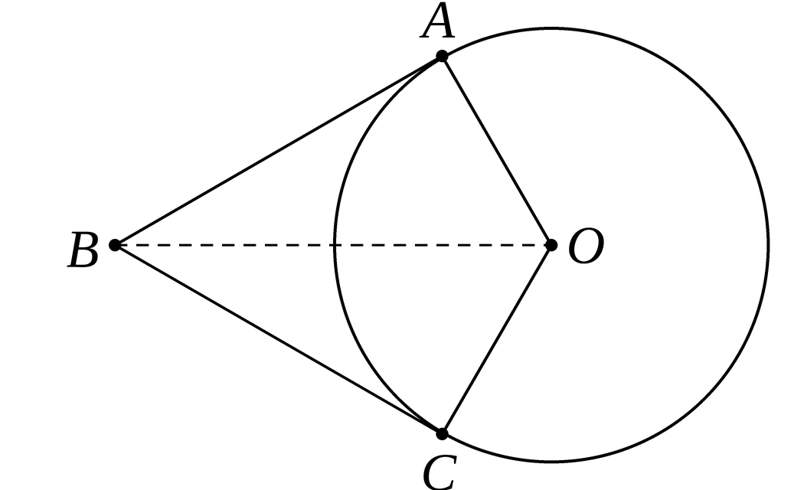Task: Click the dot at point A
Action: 442,56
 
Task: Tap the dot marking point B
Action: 115,245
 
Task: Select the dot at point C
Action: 442,434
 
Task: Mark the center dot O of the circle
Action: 551,245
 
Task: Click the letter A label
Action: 438,21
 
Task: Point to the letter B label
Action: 83,250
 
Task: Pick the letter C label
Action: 439,472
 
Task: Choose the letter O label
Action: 586,247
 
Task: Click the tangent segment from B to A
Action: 279,151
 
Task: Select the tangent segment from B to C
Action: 279,339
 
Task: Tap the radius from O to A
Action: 496,151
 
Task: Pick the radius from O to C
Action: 496,339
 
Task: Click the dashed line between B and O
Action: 333,245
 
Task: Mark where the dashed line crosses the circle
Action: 335,245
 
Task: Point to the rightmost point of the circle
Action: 768,245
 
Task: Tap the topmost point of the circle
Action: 551,28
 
